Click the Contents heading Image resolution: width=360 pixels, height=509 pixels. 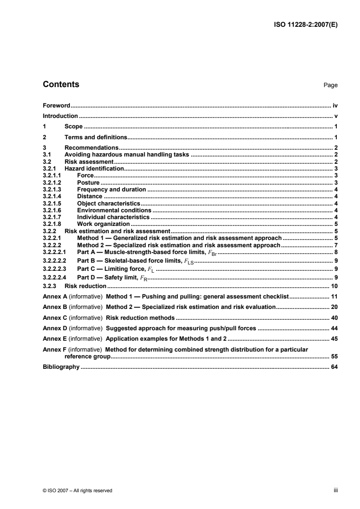(61, 84)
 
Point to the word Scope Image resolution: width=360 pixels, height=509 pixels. (73, 127)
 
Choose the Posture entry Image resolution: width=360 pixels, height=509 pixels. (88, 182)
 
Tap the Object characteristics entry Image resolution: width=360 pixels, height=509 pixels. (108, 203)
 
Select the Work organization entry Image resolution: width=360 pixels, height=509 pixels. (104, 224)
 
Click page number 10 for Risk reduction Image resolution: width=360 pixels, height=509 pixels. (334, 286)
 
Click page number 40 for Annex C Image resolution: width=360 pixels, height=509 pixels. (334, 317)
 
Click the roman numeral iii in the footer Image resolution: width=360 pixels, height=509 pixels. (335, 490)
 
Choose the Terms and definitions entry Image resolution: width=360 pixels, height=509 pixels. (96, 137)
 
